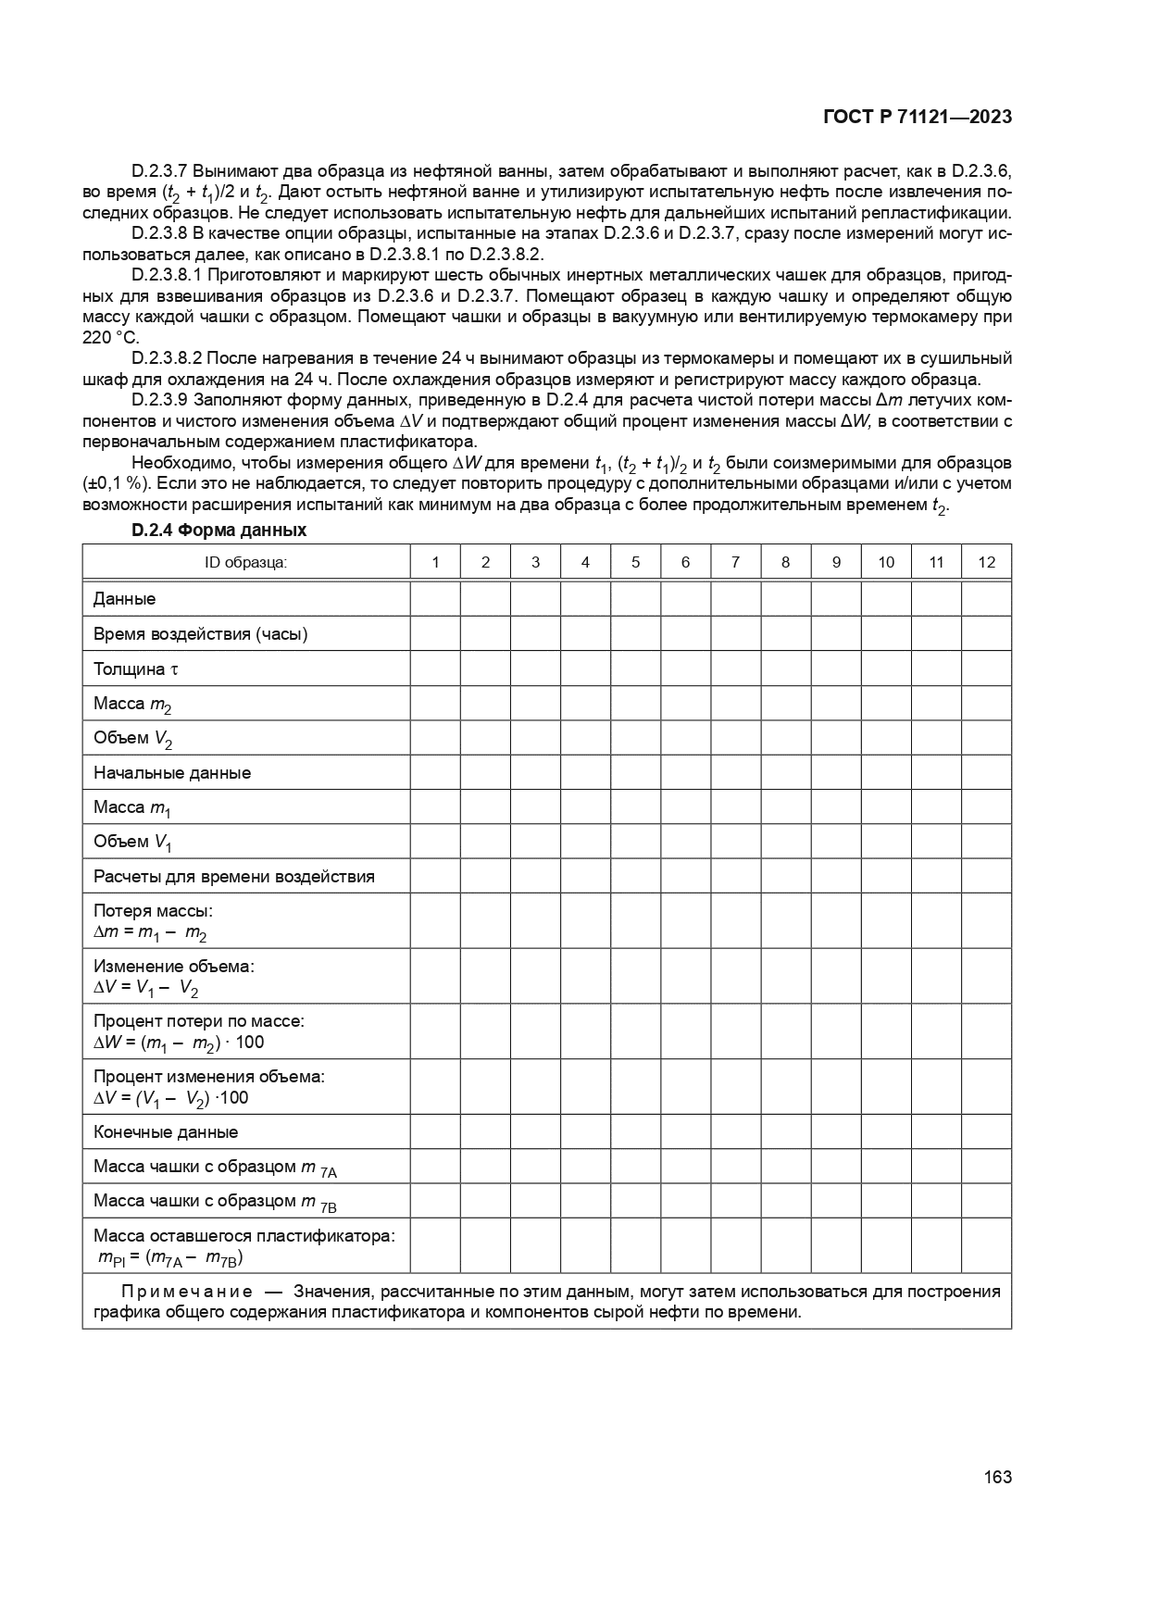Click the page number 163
point(998,1477)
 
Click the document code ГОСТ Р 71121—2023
point(917,117)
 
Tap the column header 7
point(735,562)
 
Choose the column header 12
point(986,562)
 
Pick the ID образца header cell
point(246,562)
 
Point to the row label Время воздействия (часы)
point(200,634)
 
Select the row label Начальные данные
point(172,773)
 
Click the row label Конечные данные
point(166,1132)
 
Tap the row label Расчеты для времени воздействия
point(234,877)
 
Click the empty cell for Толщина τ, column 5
point(635,668)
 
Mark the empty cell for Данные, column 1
point(435,599)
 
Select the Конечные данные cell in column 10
point(886,1132)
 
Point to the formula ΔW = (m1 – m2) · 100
point(179,1043)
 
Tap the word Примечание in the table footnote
point(187,1292)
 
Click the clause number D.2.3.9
point(160,400)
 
